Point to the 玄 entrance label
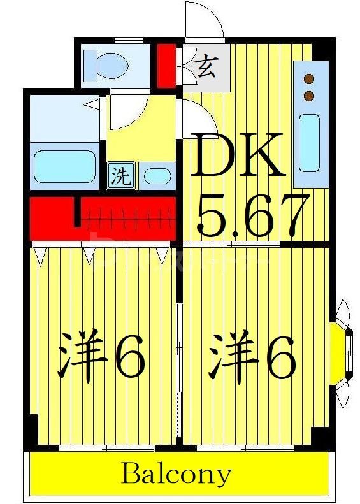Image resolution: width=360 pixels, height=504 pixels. pyautogui.click(x=205, y=66)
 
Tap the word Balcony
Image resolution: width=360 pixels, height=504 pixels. pyautogui.click(x=176, y=473)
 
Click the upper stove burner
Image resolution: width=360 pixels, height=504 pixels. pyautogui.click(x=310, y=80)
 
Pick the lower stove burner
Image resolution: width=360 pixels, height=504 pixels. pyautogui.click(x=310, y=96)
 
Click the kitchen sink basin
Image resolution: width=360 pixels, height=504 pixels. pyautogui.click(x=309, y=141)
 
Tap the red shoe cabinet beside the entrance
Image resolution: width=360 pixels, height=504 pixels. pyautogui.click(x=166, y=65)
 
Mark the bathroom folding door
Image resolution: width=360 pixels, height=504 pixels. pyautogui.click(x=94, y=102)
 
